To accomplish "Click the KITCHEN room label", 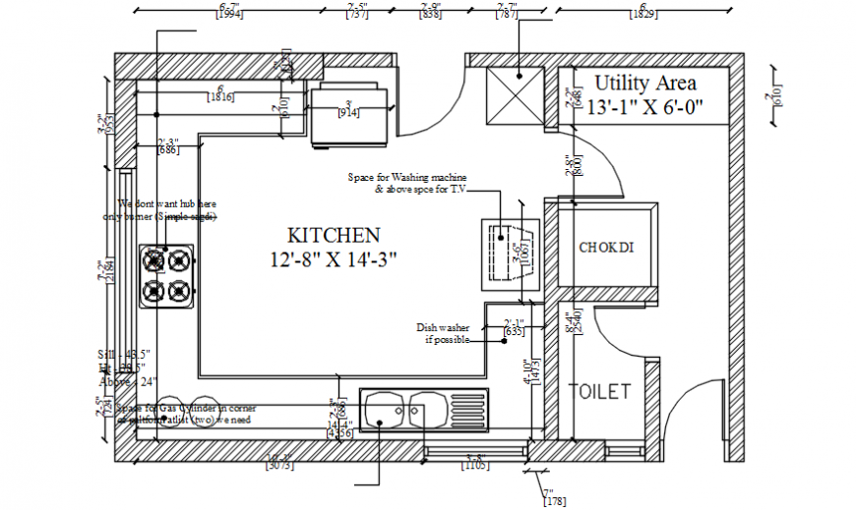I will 334,236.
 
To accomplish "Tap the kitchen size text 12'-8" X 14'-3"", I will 334,260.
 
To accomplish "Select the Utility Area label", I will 645,84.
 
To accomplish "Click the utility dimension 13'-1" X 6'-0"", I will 644,108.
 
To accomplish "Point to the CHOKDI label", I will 605,248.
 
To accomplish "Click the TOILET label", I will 600,392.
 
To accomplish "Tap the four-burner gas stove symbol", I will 166,276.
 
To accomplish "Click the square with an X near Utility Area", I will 516,96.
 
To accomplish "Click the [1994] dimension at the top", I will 227,15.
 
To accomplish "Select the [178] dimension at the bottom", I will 553,502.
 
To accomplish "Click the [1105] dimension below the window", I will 475,466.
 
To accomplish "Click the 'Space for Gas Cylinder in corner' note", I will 187,408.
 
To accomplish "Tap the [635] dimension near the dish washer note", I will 514,331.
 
